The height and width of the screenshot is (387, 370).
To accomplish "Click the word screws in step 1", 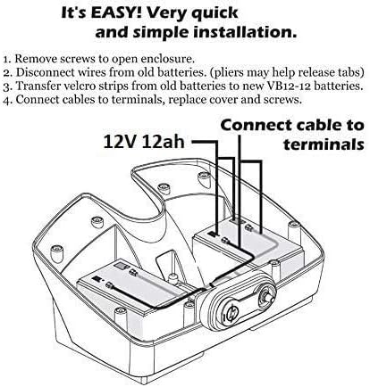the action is [x=78, y=59].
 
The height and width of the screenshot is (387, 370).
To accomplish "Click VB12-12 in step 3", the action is [x=288, y=86].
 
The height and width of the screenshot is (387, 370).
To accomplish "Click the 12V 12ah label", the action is [x=144, y=142].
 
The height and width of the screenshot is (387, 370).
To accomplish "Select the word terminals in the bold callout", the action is [x=324, y=144].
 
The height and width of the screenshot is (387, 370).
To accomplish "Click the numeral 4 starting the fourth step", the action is [x=6, y=100].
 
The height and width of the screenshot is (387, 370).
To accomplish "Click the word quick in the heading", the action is [x=214, y=13].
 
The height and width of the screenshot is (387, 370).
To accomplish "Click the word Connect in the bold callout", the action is [x=257, y=125].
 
